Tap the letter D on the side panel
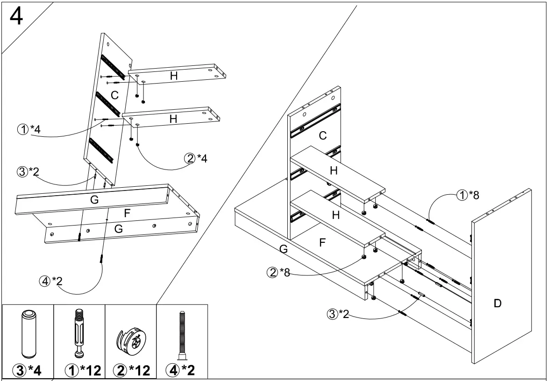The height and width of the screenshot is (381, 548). (x=498, y=304)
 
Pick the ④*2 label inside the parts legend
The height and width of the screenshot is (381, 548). (x=181, y=371)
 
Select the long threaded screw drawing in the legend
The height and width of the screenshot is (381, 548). (x=181, y=335)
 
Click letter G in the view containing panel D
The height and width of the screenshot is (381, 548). (x=283, y=250)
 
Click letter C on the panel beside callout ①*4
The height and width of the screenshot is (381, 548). (x=114, y=96)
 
